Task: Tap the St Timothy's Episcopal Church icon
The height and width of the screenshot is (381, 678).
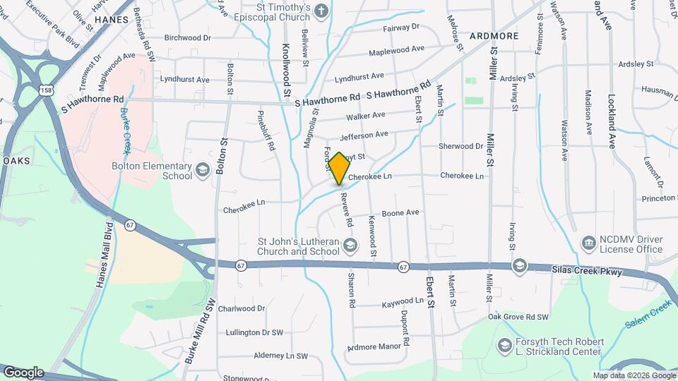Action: pos(321,11)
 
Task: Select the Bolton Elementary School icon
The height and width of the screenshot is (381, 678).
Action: pos(203,169)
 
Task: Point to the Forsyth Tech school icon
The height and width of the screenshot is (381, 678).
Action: pos(504,345)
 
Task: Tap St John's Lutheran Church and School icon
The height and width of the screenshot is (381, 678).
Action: pos(350,245)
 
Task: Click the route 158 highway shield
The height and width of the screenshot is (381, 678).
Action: pos(46,92)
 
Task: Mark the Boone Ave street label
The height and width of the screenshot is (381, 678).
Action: pos(400,212)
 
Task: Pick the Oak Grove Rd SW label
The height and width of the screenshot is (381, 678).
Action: pos(518,317)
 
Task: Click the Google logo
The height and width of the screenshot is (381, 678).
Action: pos(23,373)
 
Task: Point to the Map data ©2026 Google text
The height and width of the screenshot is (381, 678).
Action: pos(634,375)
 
